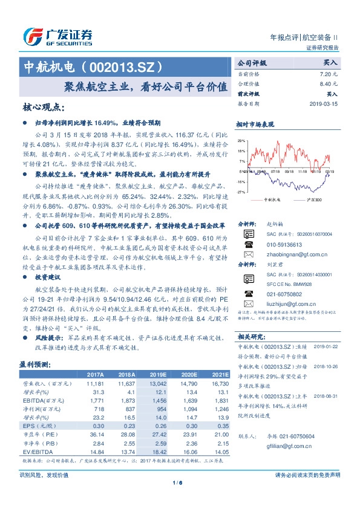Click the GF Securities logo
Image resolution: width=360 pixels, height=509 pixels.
(57, 36)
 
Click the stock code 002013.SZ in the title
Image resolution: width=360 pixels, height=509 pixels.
(123, 65)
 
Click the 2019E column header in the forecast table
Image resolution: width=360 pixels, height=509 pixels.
(159, 375)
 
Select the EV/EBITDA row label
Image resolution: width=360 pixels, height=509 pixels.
(34, 452)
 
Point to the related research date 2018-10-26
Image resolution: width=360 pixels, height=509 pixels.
(326, 366)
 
